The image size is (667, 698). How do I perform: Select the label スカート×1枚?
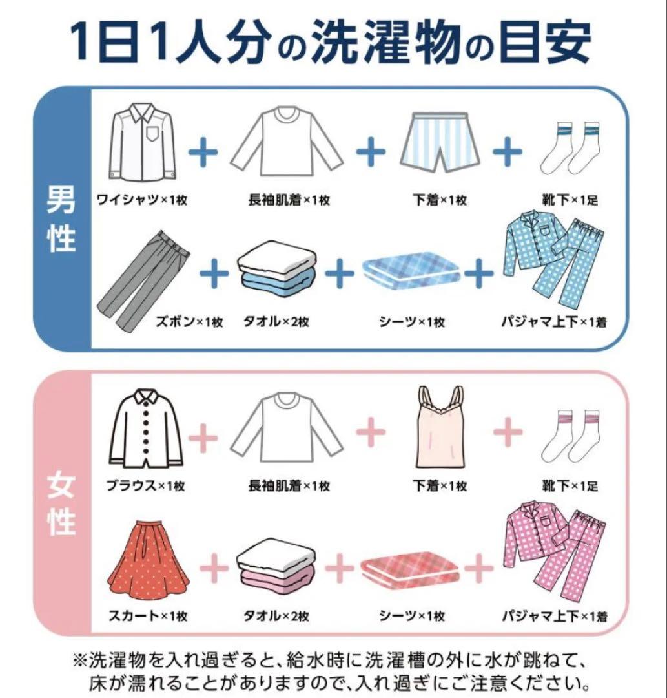(x=147, y=616)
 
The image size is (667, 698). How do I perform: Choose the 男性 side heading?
(x=62, y=220)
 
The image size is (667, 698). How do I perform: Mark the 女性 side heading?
(x=62, y=504)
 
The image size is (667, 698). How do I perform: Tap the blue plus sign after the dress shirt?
(x=203, y=153)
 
